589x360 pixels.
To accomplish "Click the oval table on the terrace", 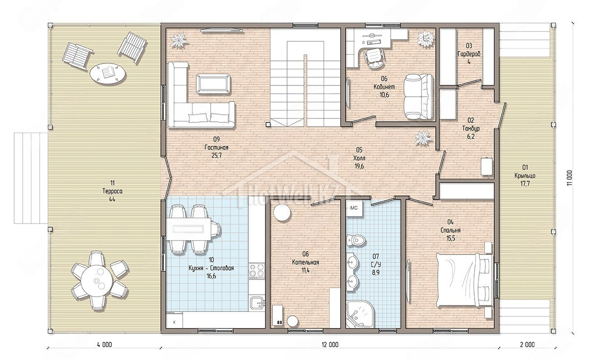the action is pos(107,73).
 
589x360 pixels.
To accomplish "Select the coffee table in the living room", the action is pos(213,83).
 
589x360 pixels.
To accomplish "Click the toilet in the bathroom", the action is pos(356,240).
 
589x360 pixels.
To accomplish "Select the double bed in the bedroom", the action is pos(464,280).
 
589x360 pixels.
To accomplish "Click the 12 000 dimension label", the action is pos(330,345).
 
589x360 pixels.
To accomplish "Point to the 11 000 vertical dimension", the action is pos(569,178).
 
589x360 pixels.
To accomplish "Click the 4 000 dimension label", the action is pos(105,345).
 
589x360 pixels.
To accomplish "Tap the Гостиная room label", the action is pos(216,147).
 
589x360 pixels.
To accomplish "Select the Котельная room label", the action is pos(305,262).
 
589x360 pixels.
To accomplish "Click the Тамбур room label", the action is pos(471,128).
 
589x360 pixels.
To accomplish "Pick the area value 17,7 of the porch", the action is pos(525,184).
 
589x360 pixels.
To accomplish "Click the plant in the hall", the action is pos(423,138).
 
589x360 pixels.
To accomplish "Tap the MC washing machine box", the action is pos(354,208).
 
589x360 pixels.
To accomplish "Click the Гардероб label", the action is pos(469,54).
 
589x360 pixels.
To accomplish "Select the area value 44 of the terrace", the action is pos(112,199).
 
